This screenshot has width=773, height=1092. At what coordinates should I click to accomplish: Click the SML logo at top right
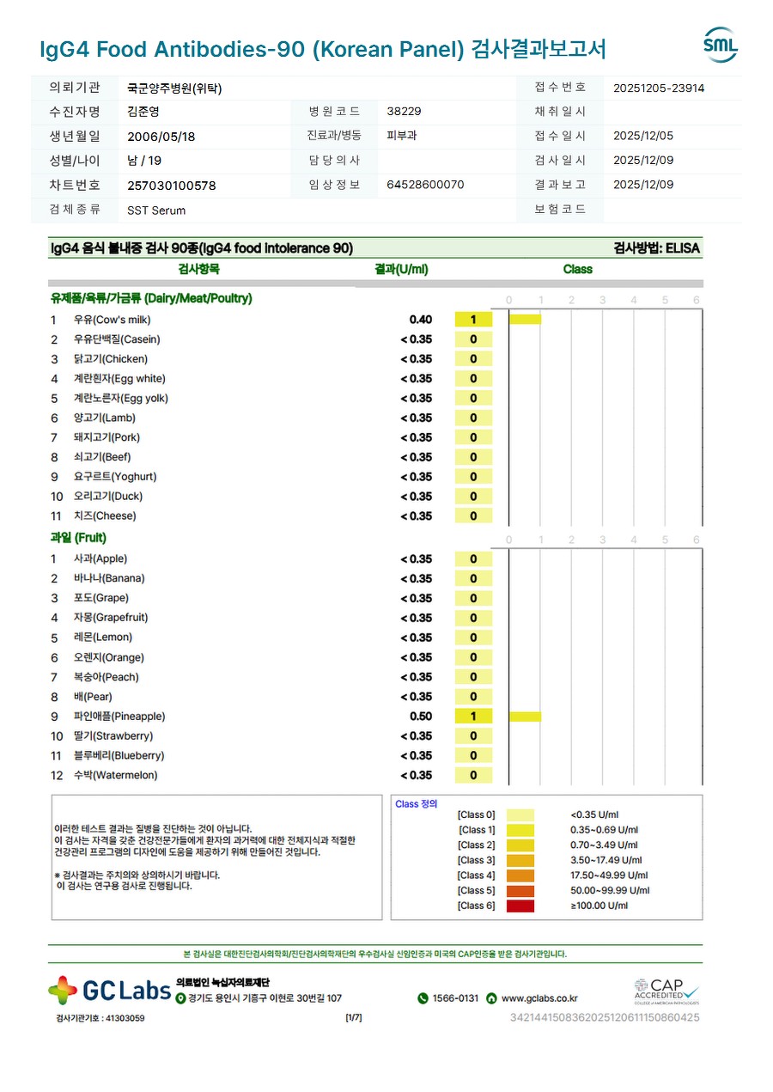click(x=720, y=45)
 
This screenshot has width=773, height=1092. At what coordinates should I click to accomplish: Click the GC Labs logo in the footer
click(x=110, y=990)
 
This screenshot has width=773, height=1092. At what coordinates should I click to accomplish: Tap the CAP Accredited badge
click(x=666, y=991)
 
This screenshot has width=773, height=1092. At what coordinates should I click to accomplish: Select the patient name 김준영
click(x=143, y=112)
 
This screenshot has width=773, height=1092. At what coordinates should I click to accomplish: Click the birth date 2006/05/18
click(x=161, y=137)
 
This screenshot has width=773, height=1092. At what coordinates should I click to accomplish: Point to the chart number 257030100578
click(x=172, y=186)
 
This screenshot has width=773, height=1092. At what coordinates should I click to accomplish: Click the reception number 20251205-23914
click(x=659, y=88)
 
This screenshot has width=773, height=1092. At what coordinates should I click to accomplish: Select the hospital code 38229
click(x=405, y=112)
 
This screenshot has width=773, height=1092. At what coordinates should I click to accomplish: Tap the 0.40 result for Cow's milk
click(x=421, y=320)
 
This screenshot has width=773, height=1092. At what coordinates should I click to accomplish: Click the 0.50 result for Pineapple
click(x=421, y=717)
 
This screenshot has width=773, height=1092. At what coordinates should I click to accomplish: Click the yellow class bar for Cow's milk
click(x=525, y=320)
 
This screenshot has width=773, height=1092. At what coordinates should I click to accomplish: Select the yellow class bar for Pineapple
click(x=525, y=717)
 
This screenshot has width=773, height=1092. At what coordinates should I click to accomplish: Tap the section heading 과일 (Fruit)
click(x=78, y=538)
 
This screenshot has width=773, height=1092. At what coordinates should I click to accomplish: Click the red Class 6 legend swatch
click(x=520, y=906)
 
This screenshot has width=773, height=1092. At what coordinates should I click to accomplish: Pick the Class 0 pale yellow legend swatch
click(x=520, y=815)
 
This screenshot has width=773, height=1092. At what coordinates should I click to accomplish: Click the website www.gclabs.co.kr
click(x=539, y=998)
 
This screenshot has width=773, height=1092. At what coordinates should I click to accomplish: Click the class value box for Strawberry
click(x=473, y=736)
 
